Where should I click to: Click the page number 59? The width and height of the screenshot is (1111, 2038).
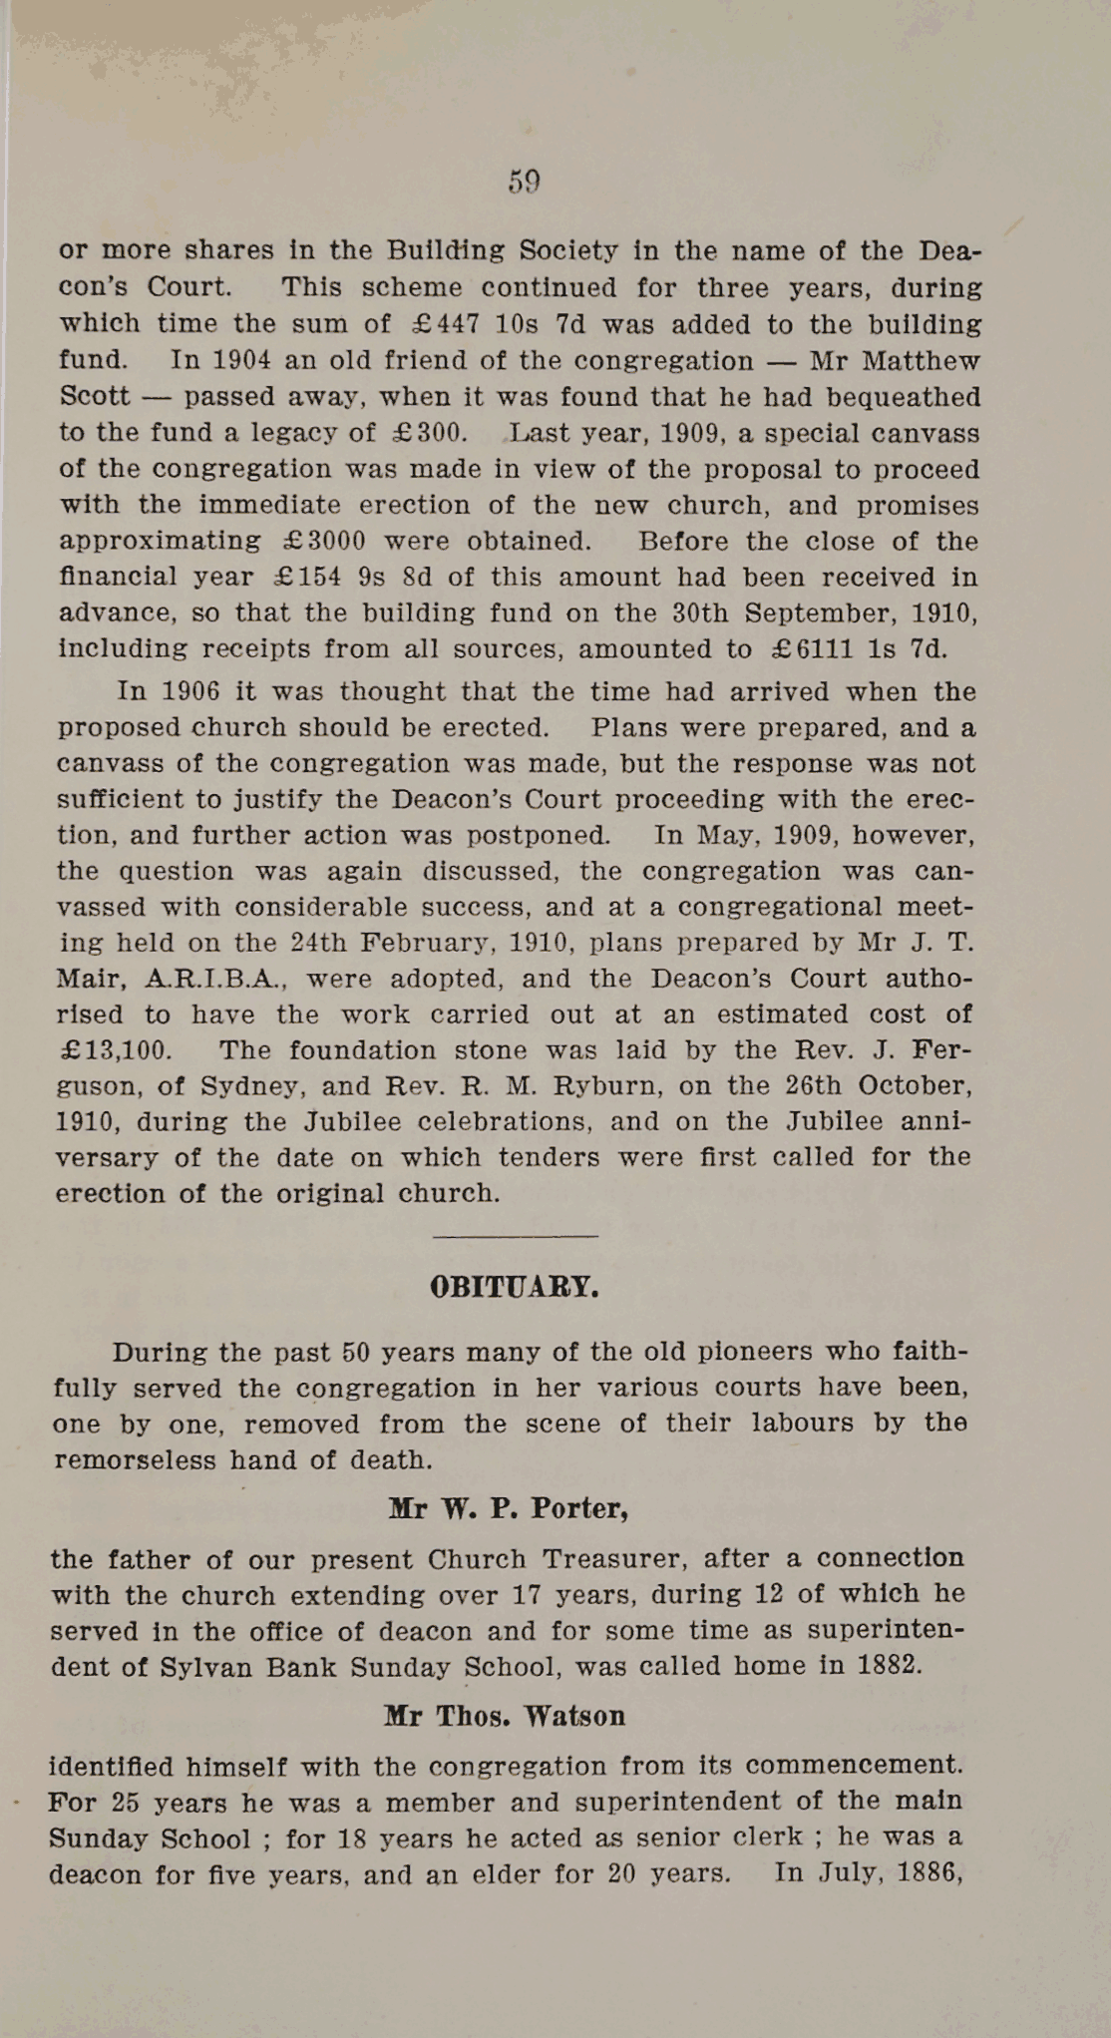click(x=524, y=182)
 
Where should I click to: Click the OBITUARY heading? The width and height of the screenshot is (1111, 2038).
click(x=515, y=1287)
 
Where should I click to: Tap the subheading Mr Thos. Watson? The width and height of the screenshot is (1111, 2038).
click(x=505, y=1716)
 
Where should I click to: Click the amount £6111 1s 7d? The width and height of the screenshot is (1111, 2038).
click(x=861, y=649)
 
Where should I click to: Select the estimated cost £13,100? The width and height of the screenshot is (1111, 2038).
click(x=114, y=1050)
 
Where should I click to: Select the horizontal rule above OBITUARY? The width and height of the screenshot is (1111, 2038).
click(x=516, y=1237)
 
